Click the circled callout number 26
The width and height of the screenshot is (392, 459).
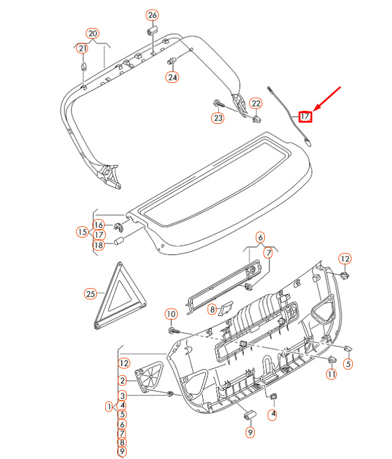152,15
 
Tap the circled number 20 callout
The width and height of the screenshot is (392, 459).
92,34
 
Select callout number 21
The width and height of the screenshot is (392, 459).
82,48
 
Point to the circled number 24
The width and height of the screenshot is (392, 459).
173,77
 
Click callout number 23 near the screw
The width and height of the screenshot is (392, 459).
218,118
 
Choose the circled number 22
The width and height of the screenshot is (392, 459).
256,104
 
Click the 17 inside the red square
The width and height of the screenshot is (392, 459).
305,116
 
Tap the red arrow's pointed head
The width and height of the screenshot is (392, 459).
313,110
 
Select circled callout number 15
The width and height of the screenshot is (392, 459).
82,232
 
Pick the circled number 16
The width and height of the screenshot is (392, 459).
99,224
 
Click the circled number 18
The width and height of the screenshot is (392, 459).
99,245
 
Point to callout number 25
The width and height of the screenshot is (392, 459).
90,293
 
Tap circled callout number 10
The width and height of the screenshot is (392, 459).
171,314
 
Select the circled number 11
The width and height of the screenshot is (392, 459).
331,374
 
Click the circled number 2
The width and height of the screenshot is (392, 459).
123,380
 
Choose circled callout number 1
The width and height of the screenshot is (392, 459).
109,406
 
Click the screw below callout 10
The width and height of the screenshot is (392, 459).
174,330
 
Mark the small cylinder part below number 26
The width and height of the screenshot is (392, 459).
152,30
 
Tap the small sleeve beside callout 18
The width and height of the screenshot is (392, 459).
119,242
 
